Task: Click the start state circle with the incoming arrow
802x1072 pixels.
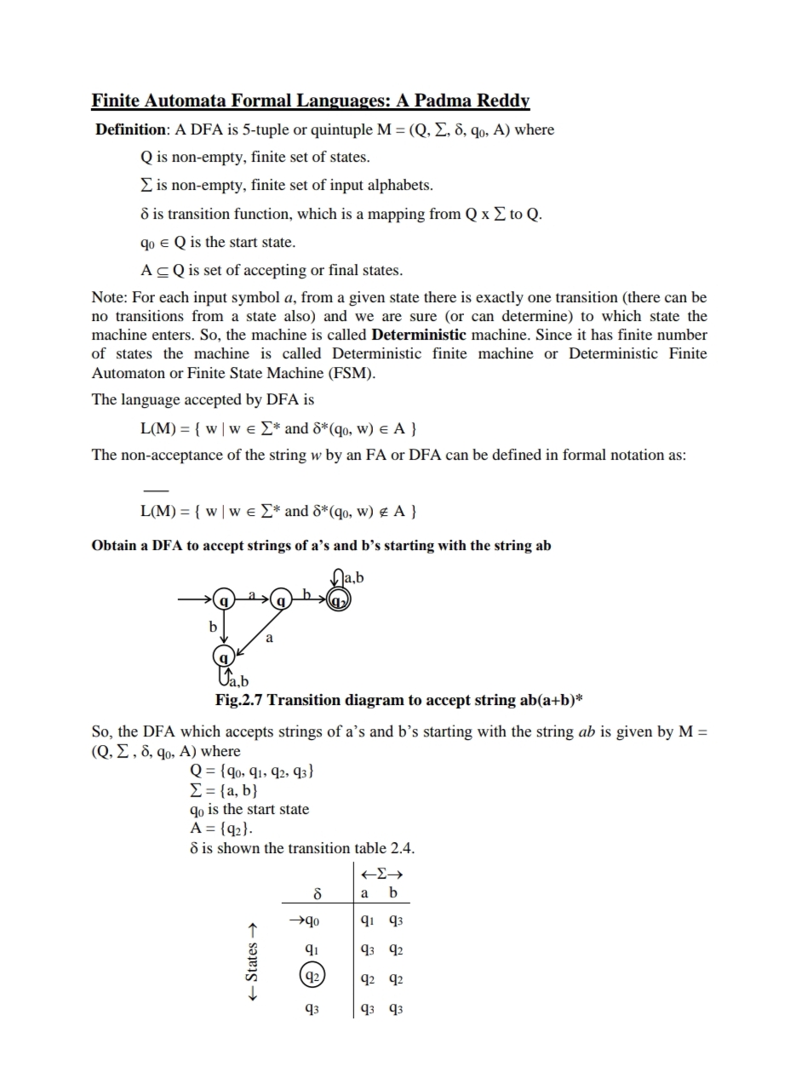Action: [224, 599]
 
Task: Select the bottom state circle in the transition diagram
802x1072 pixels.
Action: [223, 657]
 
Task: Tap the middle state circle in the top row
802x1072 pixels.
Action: [282, 599]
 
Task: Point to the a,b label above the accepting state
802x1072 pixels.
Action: [353, 578]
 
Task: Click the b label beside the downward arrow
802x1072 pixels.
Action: [213, 627]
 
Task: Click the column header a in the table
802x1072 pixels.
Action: [365, 892]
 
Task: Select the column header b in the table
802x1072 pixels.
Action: [392, 892]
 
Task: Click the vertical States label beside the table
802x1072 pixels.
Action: [252, 962]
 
